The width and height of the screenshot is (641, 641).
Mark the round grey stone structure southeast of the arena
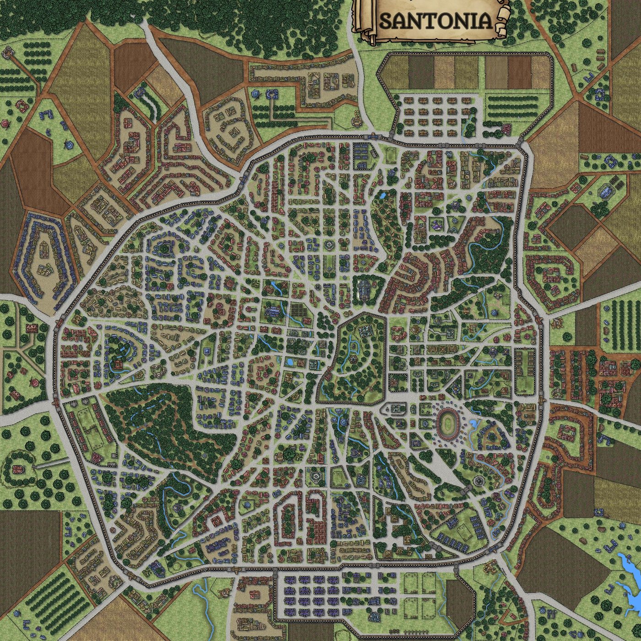pyautogui.click(x=478, y=481)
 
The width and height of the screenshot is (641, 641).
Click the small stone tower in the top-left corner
pyautogui.click(x=8, y=51)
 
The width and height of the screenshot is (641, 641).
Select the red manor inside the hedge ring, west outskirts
pyautogui.click(x=18, y=468)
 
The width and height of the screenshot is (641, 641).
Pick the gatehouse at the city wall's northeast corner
pyautogui.click(x=522, y=145)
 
